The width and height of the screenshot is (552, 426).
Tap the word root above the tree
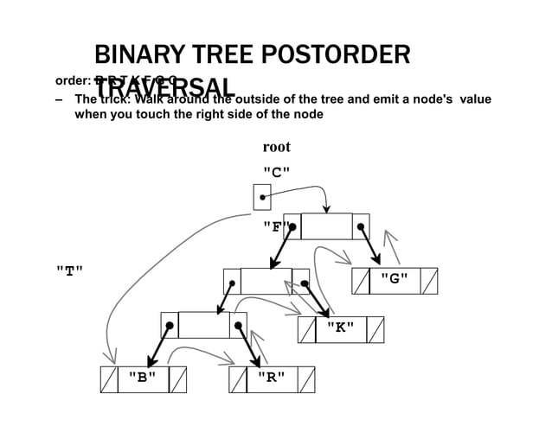(x=276, y=147)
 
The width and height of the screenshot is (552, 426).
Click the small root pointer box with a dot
(x=261, y=197)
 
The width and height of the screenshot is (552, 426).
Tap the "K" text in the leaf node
(x=339, y=329)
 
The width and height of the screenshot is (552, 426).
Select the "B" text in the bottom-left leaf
(x=142, y=378)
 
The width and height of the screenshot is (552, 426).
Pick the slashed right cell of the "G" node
(x=428, y=281)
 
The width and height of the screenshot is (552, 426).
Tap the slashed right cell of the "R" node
(x=305, y=378)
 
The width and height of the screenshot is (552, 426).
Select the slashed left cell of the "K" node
(x=306, y=329)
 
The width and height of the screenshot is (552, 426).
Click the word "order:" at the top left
(x=74, y=81)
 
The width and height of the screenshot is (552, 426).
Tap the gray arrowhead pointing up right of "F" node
(x=389, y=235)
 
